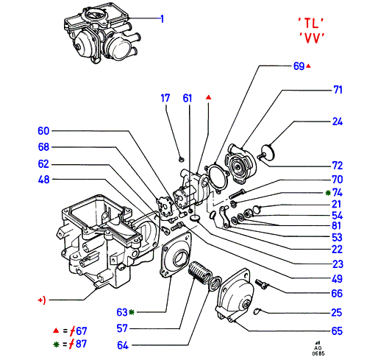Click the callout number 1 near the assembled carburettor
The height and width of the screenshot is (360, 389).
click(x=163, y=19)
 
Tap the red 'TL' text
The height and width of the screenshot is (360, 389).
click(x=311, y=23)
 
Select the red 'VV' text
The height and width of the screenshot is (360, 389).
click(x=312, y=38)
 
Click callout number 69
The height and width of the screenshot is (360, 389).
click(x=299, y=66)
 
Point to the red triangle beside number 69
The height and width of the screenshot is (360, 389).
click(x=308, y=66)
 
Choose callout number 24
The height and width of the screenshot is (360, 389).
click(x=338, y=121)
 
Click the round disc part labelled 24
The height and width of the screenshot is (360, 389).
click(x=267, y=152)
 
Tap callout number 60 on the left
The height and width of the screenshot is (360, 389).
click(x=43, y=131)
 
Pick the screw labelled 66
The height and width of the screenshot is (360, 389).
click(x=261, y=283)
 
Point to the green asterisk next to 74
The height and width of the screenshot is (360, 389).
click(x=328, y=193)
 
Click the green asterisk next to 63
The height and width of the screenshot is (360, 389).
click(x=132, y=312)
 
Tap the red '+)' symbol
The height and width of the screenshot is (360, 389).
click(x=42, y=300)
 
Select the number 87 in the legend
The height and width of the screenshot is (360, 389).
click(x=81, y=344)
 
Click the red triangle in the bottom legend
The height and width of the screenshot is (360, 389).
click(x=56, y=331)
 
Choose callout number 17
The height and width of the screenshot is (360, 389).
click(x=165, y=98)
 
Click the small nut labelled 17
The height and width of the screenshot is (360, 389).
click(x=182, y=159)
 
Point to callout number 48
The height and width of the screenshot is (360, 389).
click(x=43, y=180)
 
